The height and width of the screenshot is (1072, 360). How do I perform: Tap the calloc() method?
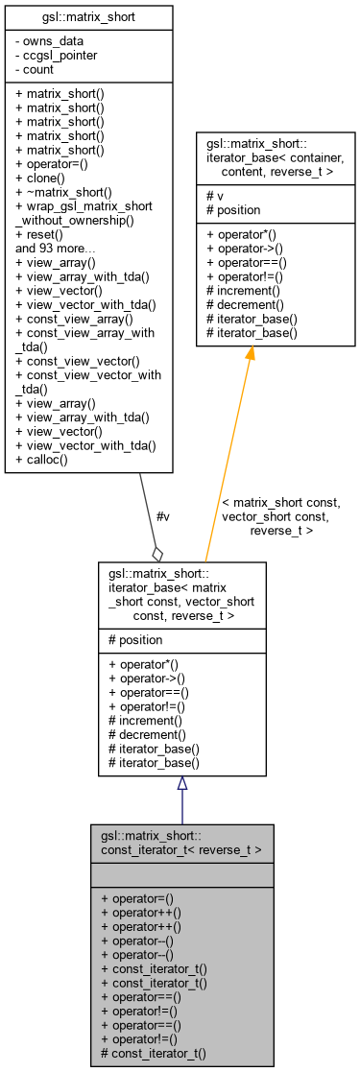pos(45,460)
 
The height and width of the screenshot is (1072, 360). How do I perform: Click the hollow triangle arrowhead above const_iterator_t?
pos(181,783)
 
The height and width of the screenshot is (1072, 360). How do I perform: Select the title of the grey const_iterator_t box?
pos(181,842)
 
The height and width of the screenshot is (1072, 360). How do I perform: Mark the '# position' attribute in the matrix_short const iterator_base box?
pos(136,639)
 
